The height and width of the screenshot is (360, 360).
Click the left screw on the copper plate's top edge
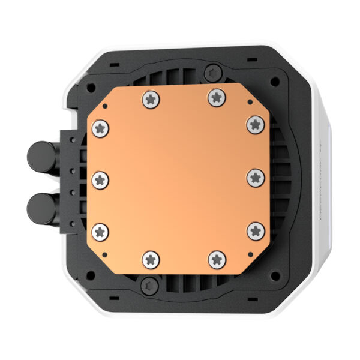(150, 98)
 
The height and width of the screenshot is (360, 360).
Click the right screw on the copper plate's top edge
(215, 98)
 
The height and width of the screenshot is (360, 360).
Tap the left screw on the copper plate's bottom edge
(150, 259)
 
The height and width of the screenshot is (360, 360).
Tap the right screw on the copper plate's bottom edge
(215, 259)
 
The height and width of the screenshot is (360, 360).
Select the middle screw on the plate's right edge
(256, 178)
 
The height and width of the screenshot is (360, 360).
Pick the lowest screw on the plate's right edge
(256, 230)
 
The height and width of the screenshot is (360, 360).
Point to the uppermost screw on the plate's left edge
(100, 127)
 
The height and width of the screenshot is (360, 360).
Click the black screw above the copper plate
(211, 73)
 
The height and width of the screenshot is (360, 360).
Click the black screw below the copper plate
(148, 287)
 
